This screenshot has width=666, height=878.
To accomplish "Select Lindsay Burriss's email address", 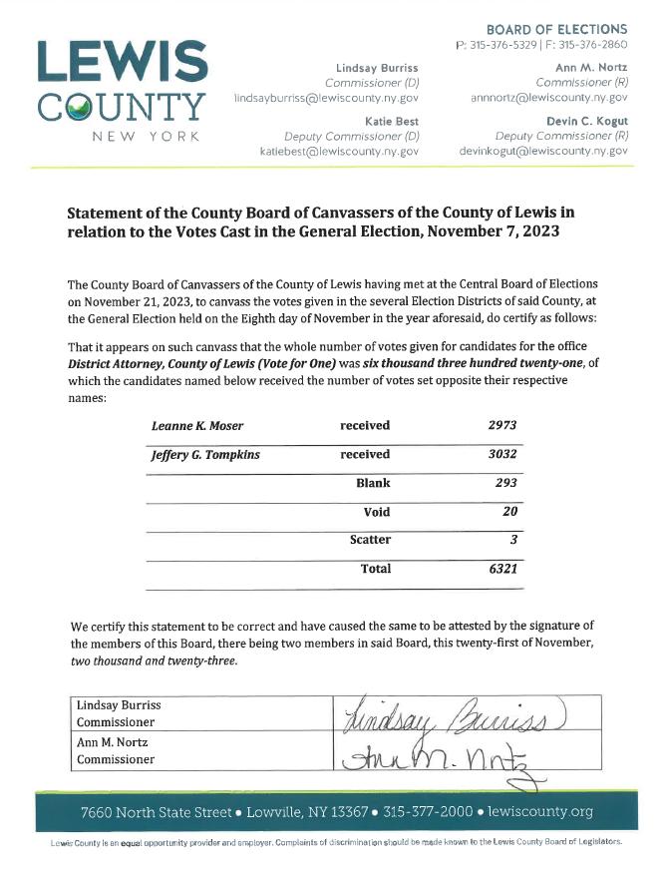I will (326, 99).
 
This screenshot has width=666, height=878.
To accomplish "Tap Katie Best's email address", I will (339, 151).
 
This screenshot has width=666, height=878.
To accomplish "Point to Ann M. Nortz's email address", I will (548, 99).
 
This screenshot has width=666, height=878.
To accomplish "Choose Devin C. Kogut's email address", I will (542, 151).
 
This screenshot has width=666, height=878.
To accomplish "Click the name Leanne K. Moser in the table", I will (196, 426).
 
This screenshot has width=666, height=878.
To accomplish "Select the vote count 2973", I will (502, 426).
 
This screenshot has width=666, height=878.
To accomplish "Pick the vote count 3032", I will (502, 454).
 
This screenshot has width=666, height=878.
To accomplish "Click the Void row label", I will (376, 512).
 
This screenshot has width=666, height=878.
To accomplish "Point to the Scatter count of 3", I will (513, 540).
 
